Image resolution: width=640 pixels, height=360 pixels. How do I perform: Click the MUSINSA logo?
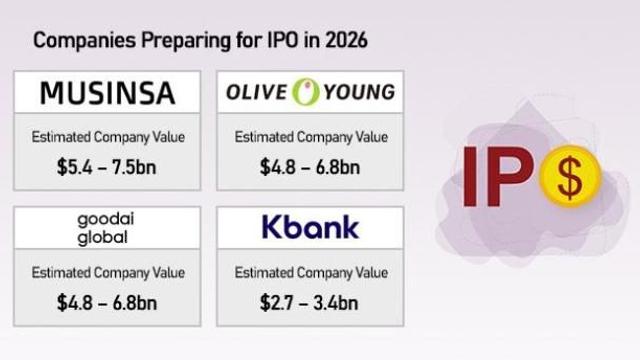107,93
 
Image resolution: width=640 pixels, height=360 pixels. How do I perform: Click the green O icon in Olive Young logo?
304,93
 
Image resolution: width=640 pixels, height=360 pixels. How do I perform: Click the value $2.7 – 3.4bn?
311,299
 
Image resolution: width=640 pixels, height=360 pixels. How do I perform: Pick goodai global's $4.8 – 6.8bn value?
108,299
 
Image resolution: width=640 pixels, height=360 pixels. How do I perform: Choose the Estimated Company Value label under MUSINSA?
108,137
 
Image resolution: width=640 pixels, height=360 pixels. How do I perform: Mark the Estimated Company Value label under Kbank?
311,271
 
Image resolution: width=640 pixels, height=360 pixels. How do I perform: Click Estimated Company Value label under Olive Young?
311,137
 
